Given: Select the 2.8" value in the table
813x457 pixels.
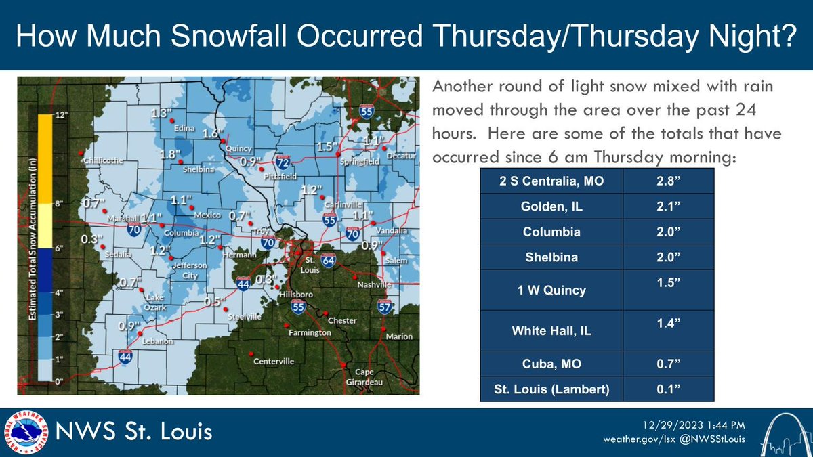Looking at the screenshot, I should (668, 181).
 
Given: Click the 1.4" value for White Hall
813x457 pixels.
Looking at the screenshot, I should (668, 324).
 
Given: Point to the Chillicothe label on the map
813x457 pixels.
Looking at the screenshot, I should (104, 161).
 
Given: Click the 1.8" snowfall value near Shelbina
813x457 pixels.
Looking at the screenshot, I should (170, 154).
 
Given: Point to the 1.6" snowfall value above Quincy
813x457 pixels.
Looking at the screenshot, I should (212, 133).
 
